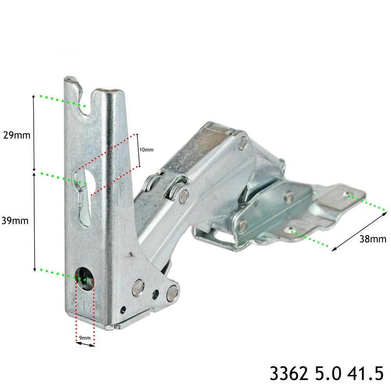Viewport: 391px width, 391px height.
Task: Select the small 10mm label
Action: point(146,150)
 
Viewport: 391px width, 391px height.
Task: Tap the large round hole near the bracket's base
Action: point(85,278)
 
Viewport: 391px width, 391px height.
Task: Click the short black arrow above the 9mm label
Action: point(86,344)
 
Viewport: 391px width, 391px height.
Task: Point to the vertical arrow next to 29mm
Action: point(34,132)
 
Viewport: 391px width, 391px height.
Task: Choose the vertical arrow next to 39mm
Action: point(34,221)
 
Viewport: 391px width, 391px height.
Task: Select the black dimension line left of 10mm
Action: point(137,150)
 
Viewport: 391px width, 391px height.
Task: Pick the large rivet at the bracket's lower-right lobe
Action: point(172,293)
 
